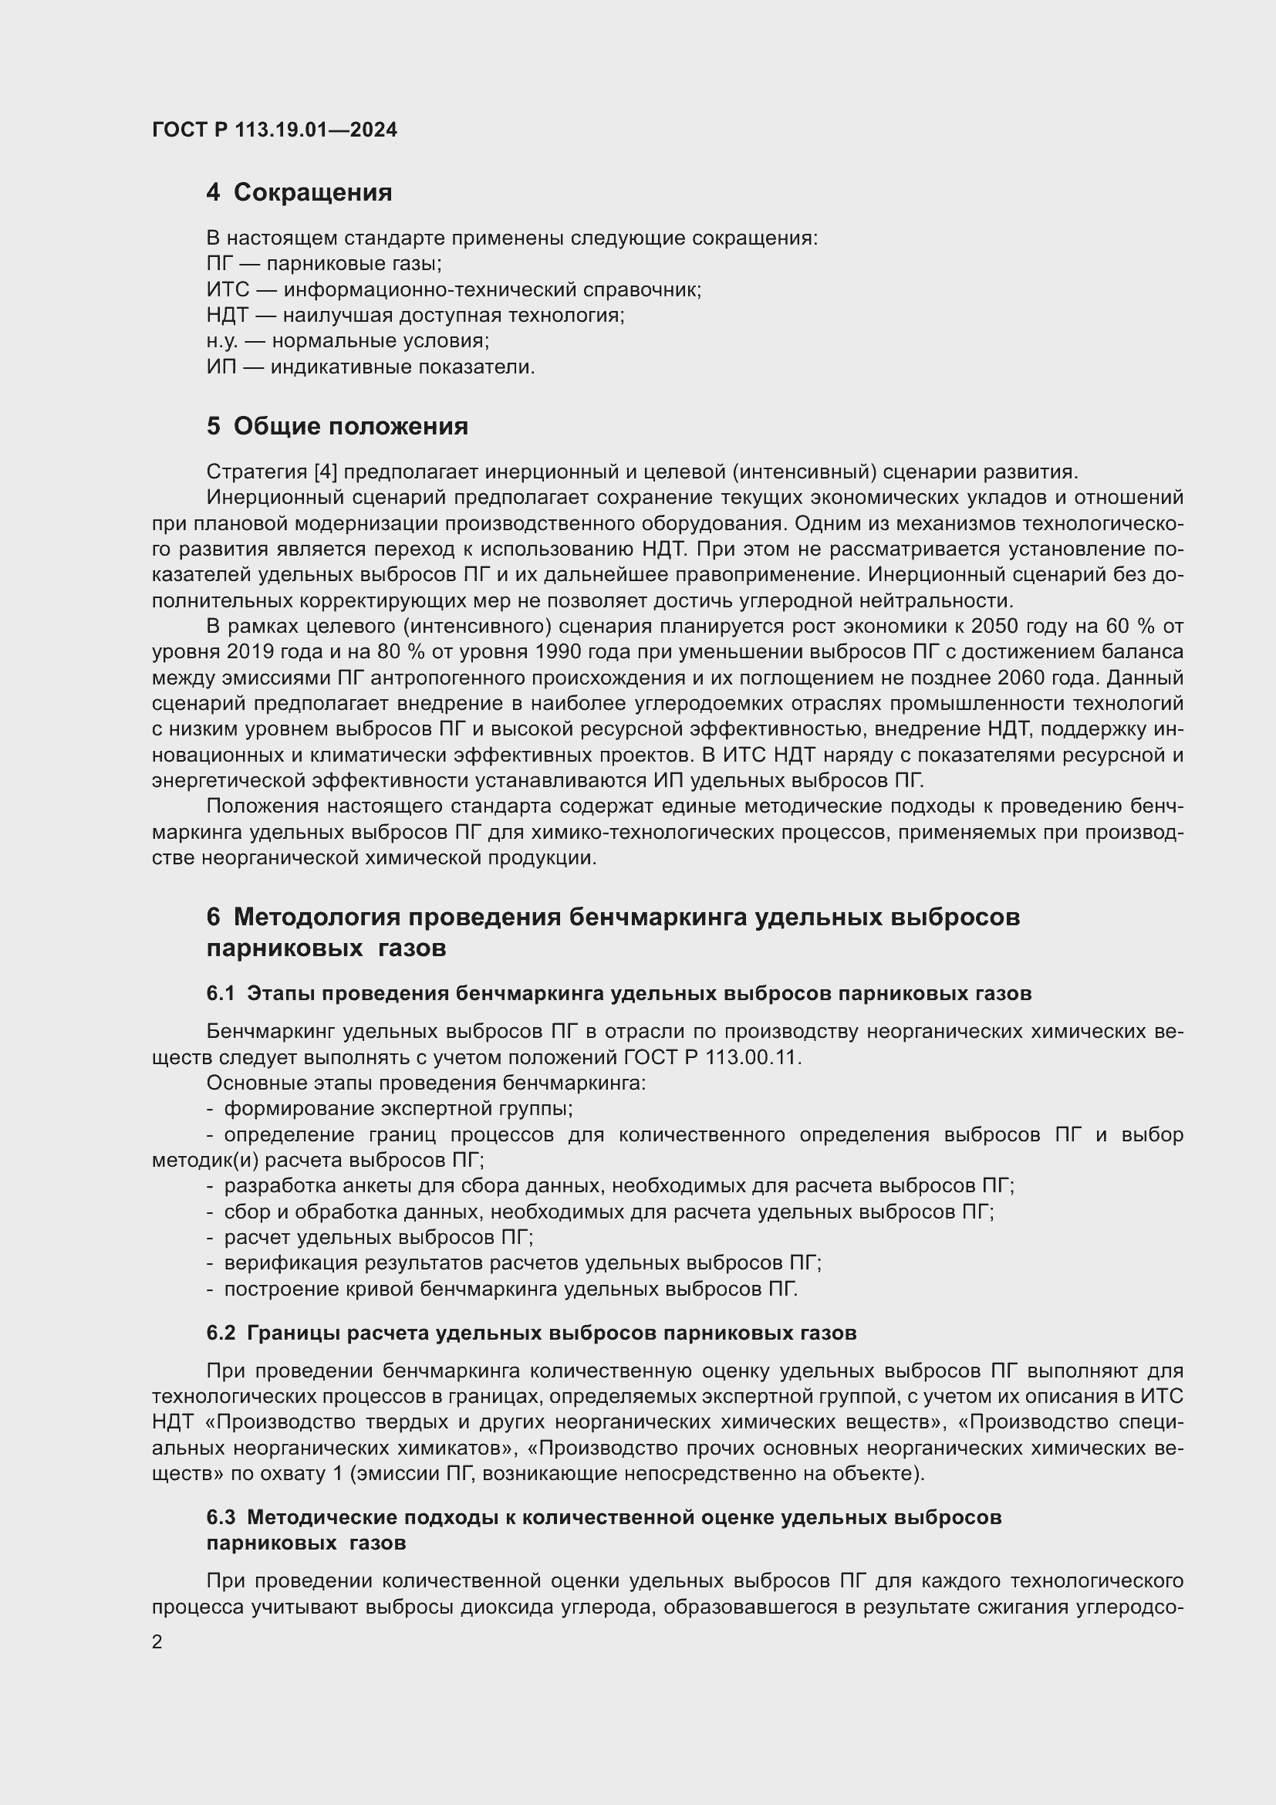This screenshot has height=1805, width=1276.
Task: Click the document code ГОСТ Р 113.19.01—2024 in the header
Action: click(274, 130)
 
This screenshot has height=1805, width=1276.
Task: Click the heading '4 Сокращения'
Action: click(299, 193)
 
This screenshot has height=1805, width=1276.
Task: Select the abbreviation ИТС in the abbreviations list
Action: click(227, 290)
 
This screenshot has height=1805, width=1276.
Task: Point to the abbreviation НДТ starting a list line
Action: click(227, 316)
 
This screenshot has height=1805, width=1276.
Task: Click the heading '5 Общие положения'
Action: click(337, 426)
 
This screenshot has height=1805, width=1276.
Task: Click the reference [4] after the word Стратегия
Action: click(326, 472)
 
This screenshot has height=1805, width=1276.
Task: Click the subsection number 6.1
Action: click(221, 994)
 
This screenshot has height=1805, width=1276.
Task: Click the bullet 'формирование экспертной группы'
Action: click(397, 1109)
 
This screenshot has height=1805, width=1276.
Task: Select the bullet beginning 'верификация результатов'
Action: click(522, 1263)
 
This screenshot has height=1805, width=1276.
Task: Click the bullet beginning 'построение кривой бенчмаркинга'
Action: click(510, 1290)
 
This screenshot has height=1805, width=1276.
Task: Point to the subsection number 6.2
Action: click(221, 1333)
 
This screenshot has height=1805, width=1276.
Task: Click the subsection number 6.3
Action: click(221, 1517)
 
